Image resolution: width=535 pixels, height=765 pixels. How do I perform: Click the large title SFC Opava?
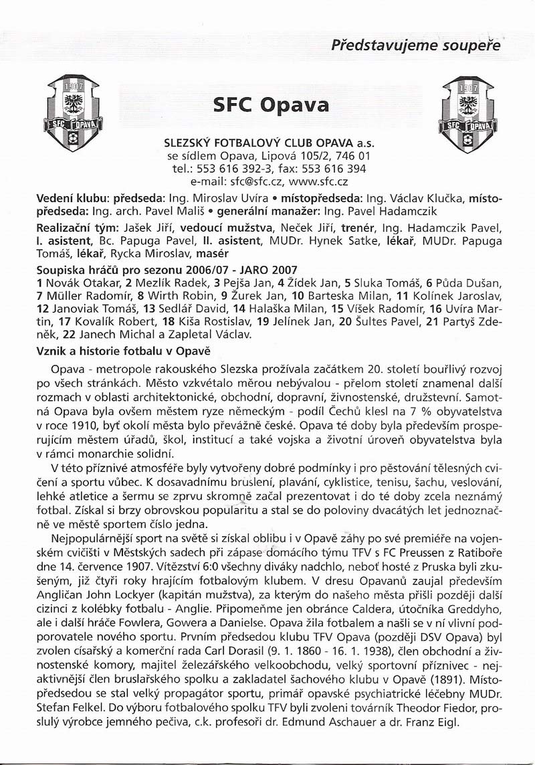point(271,105)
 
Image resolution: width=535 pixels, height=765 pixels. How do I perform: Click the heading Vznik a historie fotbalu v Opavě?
point(124,351)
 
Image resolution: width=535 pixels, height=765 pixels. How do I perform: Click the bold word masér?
point(211,254)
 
